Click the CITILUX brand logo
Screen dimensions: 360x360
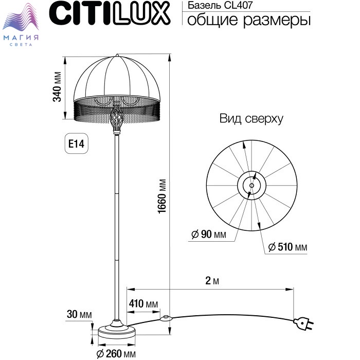[110, 13]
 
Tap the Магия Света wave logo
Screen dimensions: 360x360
[21, 25]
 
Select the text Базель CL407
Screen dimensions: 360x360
[220, 5]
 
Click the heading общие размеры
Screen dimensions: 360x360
[249, 20]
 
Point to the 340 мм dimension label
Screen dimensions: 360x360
[57, 86]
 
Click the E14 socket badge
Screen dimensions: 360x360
[77, 143]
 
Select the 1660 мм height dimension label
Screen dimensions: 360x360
[162, 196]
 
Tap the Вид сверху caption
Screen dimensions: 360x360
[251, 119]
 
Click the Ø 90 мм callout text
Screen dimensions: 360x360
[209, 234]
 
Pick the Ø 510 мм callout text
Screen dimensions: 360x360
[287, 247]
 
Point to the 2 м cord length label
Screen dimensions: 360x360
[212, 281]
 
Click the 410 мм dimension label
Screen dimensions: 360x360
[143, 304]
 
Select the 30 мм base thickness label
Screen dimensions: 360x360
[79, 314]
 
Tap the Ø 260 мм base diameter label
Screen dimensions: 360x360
[116, 354]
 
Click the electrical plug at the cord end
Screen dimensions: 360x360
[303, 323]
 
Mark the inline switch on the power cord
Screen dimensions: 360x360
[166, 318]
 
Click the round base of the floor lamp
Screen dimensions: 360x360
[117, 332]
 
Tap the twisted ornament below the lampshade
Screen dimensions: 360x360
[117, 119]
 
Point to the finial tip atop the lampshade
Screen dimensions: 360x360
[117, 55]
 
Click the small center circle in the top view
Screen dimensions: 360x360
[251, 185]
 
